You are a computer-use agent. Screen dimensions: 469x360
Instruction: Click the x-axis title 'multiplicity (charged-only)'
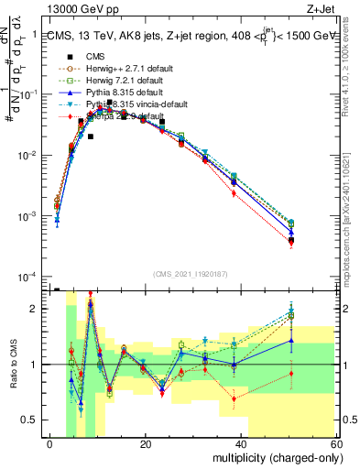click(x=272, y=456)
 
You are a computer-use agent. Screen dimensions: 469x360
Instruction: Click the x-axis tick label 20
click(x=146, y=444)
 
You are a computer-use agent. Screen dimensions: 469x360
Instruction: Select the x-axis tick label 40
click(x=241, y=444)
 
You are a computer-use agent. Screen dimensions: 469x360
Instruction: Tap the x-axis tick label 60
click(x=335, y=444)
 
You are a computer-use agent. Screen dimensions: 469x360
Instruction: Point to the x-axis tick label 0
click(x=50, y=444)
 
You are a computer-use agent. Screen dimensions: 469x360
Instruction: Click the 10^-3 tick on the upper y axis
click(x=33, y=216)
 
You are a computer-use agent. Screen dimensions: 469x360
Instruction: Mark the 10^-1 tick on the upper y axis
click(x=33, y=94)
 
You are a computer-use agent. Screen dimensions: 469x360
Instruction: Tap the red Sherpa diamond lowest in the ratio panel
click(x=235, y=398)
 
